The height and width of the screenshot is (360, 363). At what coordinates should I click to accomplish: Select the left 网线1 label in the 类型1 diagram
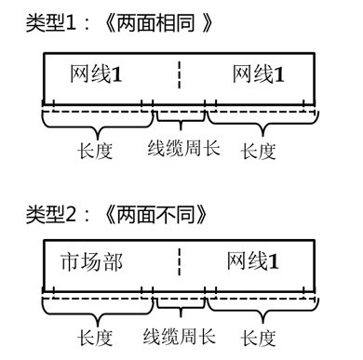[99, 73]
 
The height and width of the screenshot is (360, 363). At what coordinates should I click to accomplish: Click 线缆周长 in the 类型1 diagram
[183, 147]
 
